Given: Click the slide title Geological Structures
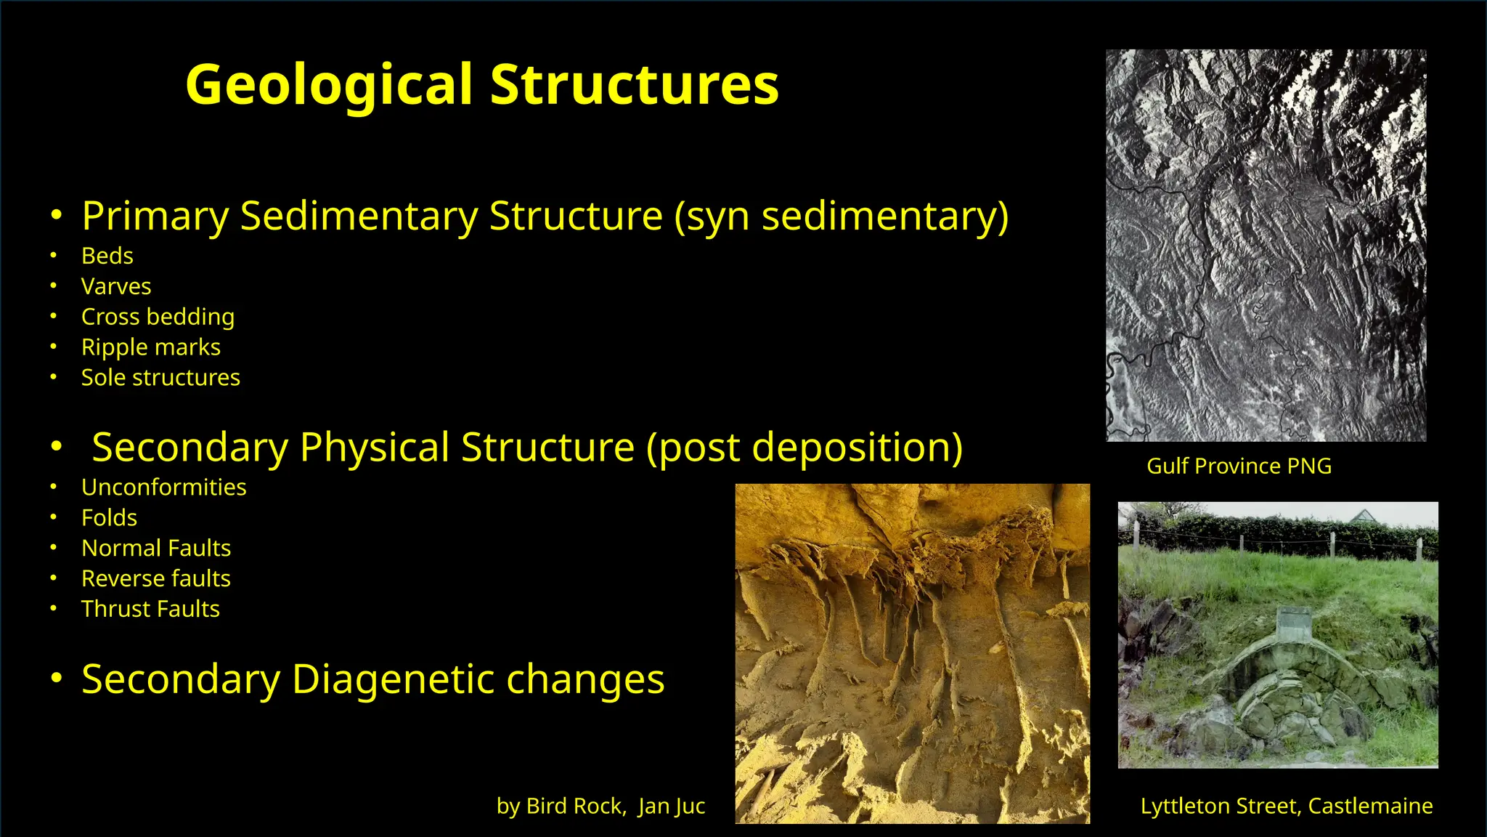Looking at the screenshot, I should [x=482, y=84].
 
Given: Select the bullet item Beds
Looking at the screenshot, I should [x=107, y=256].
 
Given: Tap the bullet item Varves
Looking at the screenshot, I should [x=116, y=286].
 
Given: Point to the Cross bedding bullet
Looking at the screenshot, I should [x=158, y=317].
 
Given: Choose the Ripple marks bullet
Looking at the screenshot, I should [x=150, y=347].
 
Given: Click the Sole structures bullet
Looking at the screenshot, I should [x=160, y=378].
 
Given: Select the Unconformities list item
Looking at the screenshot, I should [x=163, y=487].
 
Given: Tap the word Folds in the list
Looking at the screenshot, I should [x=109, y=517].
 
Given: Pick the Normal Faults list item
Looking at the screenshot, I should [x=156, y=548].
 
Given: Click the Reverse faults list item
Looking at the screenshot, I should [x=156, y=578].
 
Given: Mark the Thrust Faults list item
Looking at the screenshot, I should [x=150, y=609].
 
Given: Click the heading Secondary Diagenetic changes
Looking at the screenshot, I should [x=372, y=679].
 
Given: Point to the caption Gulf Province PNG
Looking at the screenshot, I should [x=1239, y=466].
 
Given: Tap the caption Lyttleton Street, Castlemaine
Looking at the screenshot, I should [x=1287, y=806].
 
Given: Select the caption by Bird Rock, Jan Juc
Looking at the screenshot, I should [x=600, y=806].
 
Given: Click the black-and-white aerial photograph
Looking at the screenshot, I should [x=1266, y=245].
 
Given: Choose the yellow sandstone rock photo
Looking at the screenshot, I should [x=912, y=653].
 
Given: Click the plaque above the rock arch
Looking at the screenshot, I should [x=1294, y=624].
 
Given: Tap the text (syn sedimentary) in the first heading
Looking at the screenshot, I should [x=841, y=217].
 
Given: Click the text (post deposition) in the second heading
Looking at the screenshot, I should [x=804, y=448].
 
